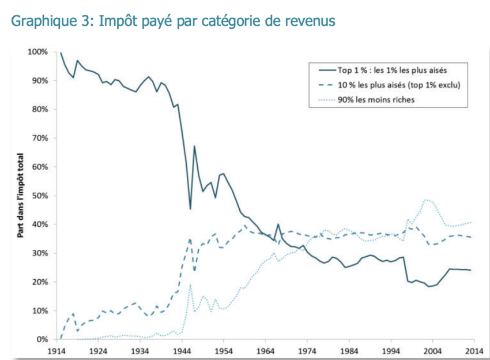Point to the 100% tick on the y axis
[x=38, y=52]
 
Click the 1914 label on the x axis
[x=56, y=351]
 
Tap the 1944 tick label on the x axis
[x=182, y=351]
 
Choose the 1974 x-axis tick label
[x=307, y=351]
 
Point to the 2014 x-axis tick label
[x=474, y=351]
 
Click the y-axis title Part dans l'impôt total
[x=20, y=196]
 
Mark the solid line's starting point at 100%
[x=61, y=52]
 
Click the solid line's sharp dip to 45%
[x=190, y=209]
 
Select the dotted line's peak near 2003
[x=426, y=200]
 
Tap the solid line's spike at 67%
[x=194, y=147]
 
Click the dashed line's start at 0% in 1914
[x=61, y=339]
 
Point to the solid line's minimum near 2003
[x=428, y=286]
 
